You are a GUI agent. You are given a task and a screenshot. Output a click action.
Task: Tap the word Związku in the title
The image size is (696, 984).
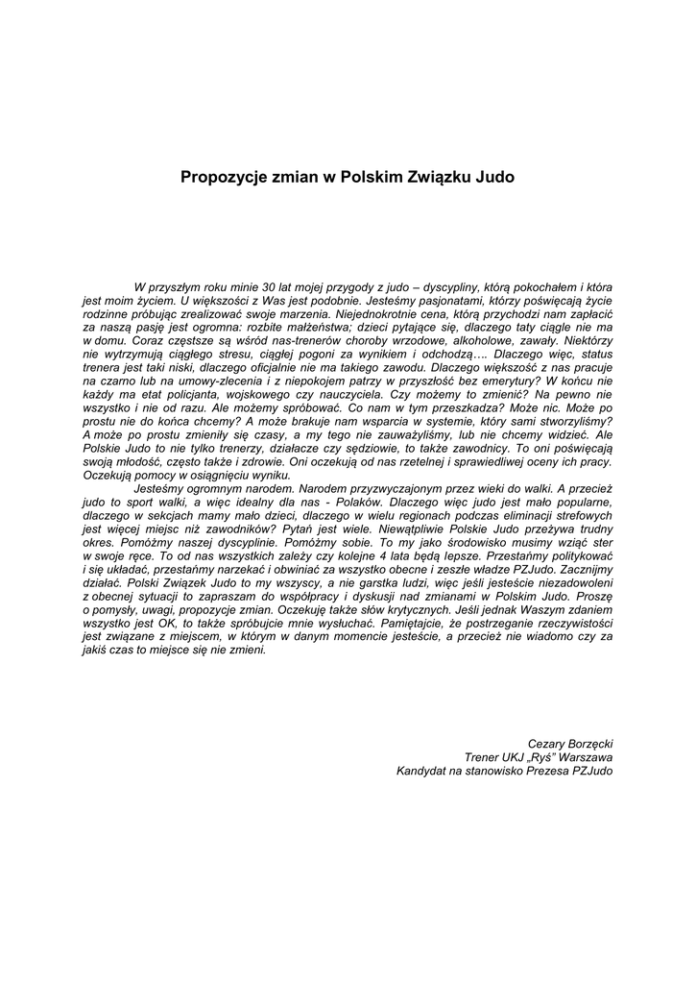427,178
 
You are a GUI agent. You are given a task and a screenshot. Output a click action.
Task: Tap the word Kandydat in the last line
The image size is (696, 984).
422,771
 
